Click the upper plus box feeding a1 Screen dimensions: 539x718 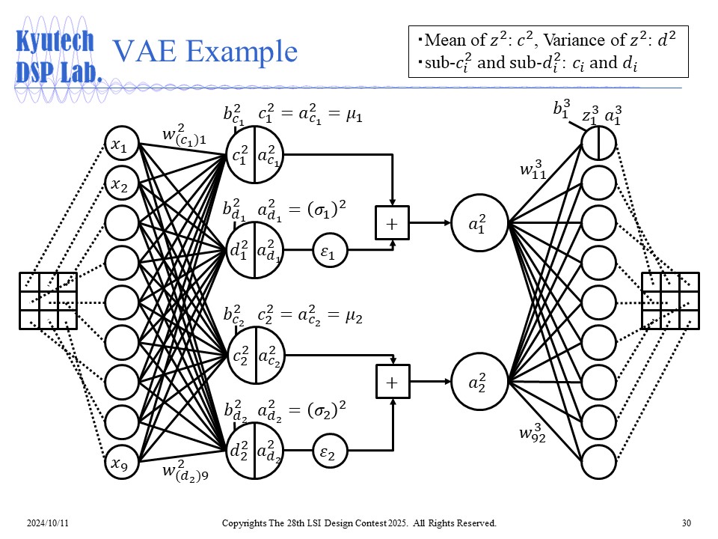click(391, 222)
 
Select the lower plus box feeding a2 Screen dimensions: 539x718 click(391, 383)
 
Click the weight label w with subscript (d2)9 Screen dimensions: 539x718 click(185, 473)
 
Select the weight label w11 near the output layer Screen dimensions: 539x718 click(533, 169)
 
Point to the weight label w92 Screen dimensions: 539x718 click(533, 433)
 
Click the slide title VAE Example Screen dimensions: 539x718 click(204, 51)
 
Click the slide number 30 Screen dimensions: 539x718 click(687, 522)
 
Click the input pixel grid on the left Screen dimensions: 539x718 click(48, 300)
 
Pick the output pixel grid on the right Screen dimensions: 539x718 click(670, 300)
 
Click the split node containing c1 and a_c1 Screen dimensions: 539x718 click(254, 156)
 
